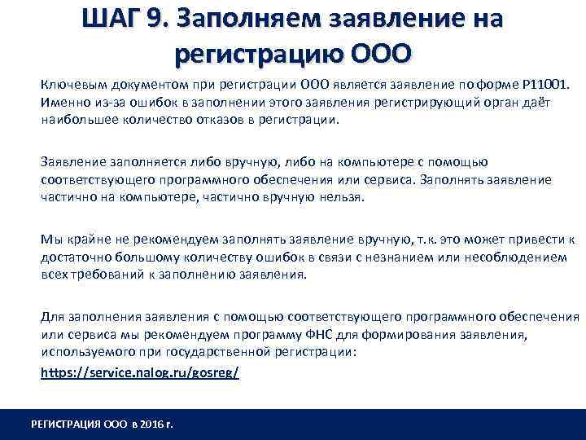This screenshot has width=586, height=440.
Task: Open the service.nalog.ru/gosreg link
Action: pos(140,371)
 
